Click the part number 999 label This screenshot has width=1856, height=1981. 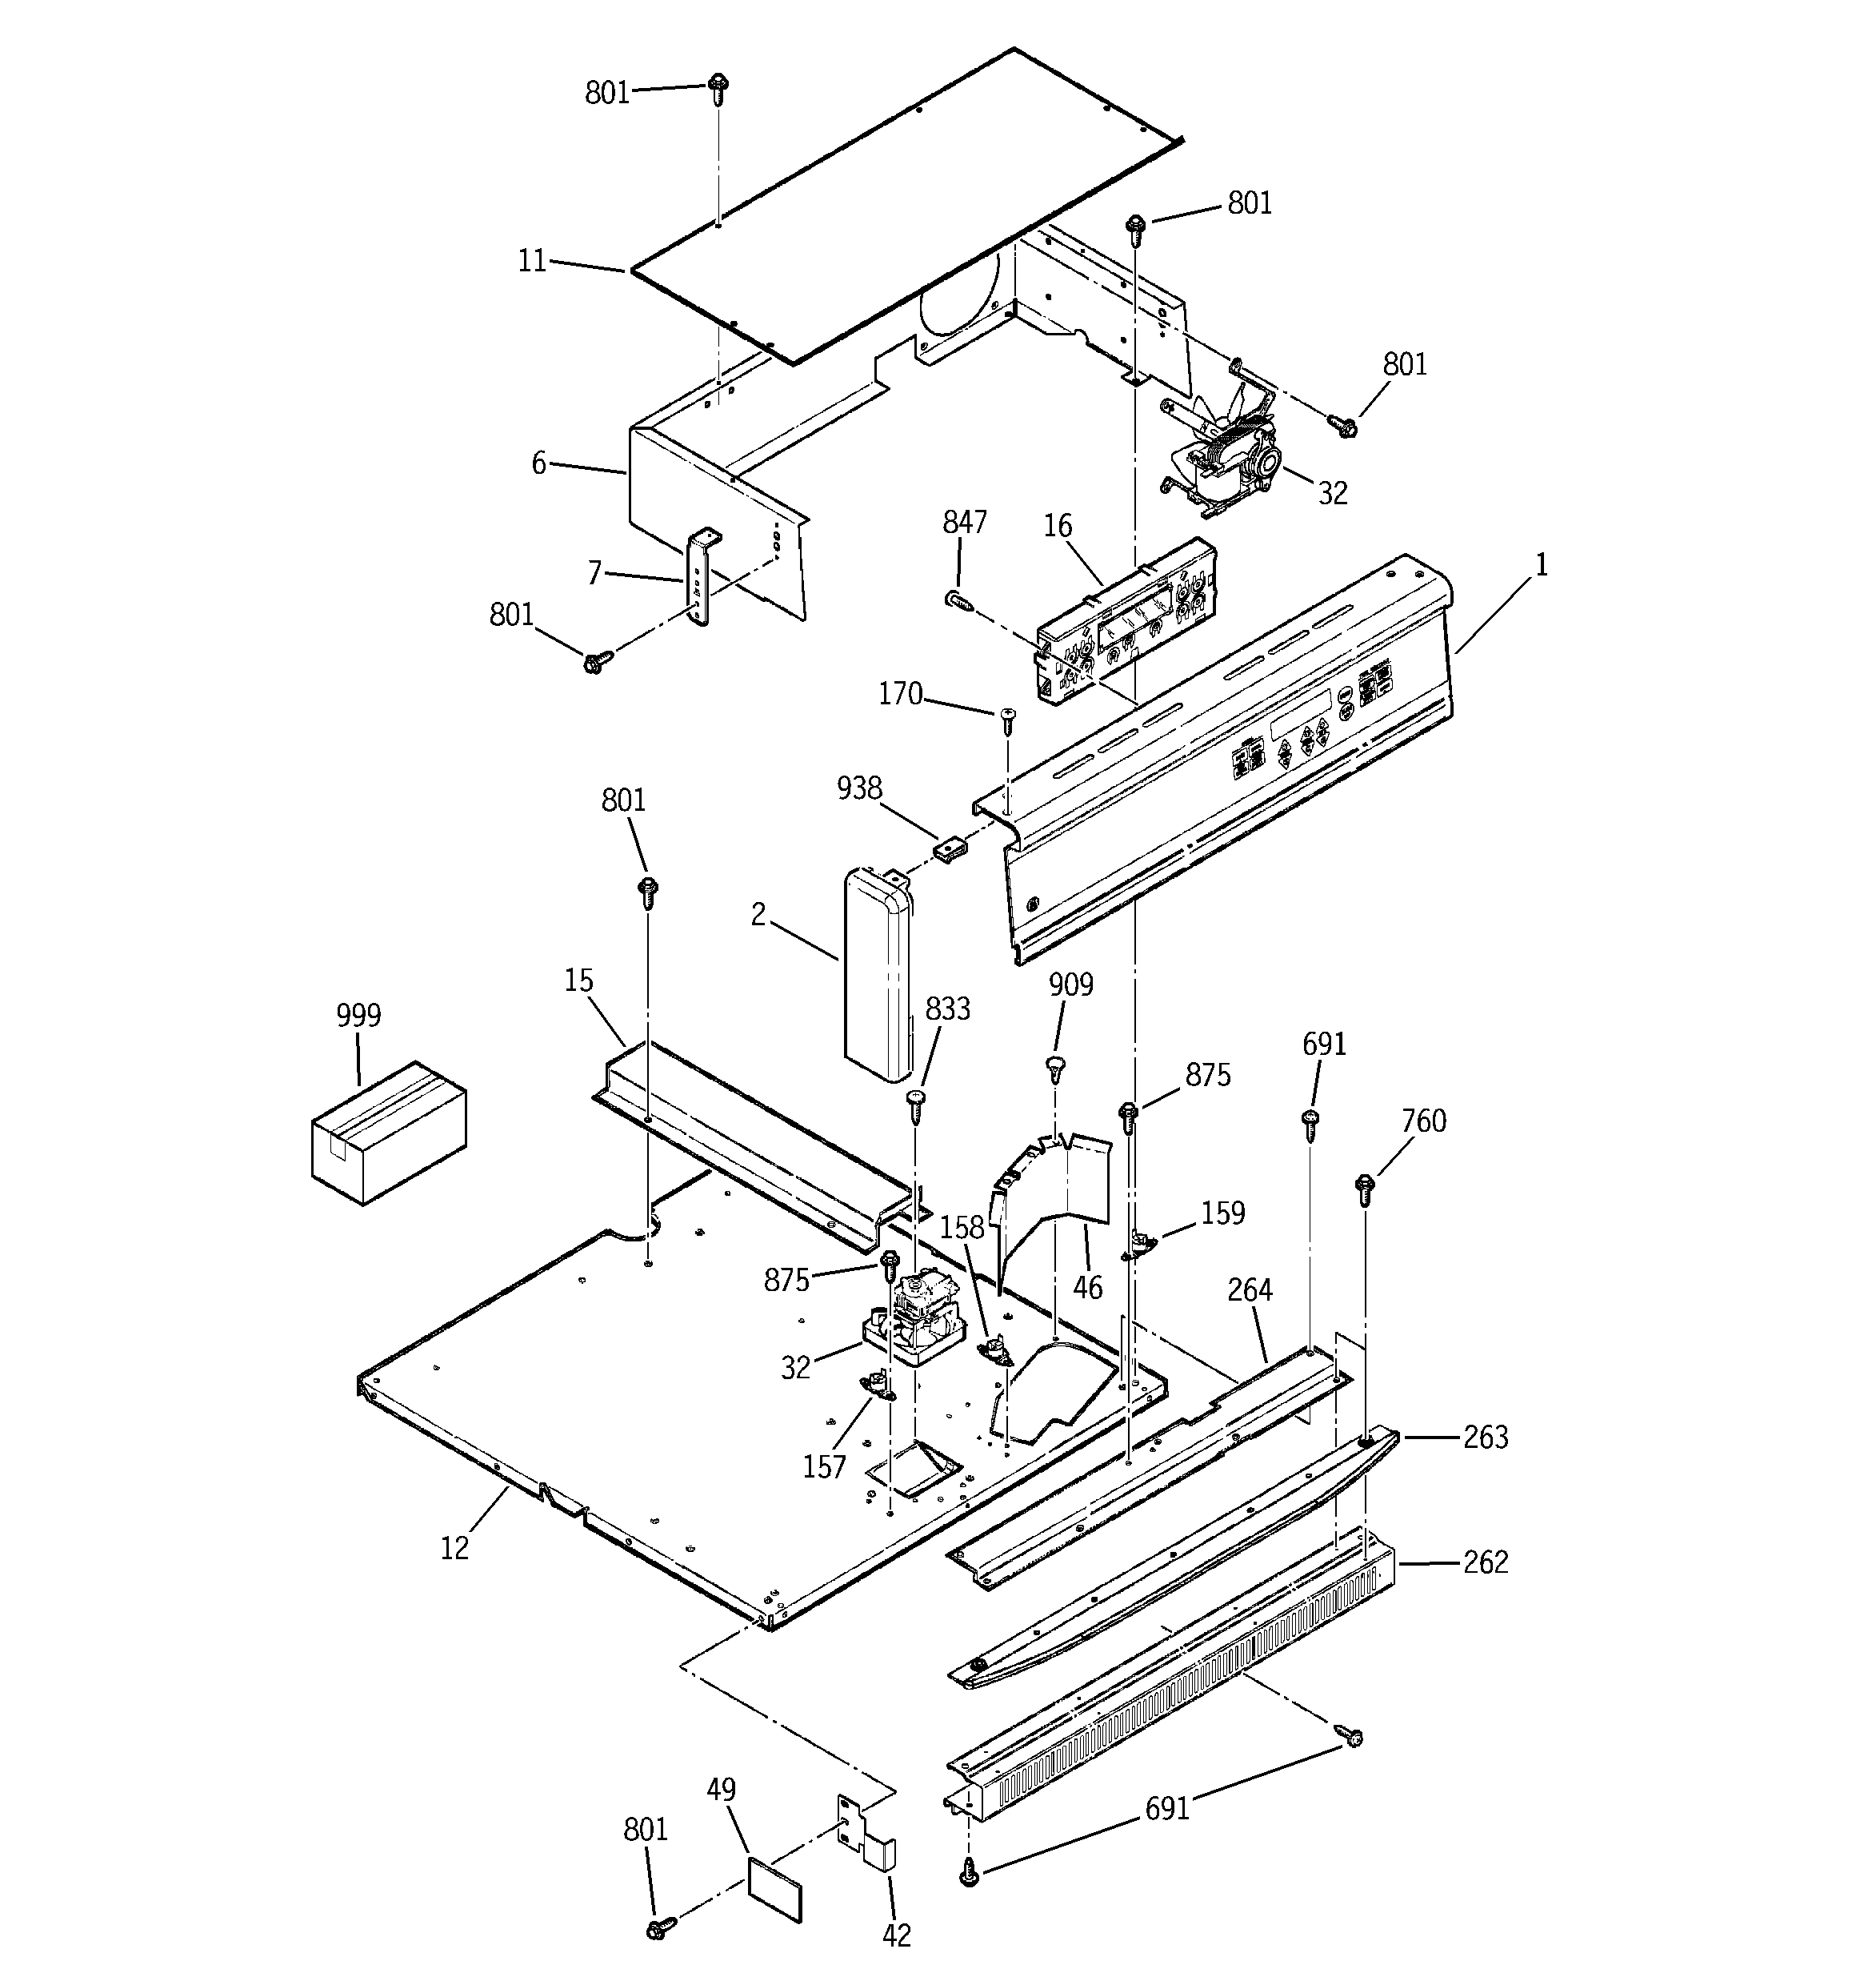pos(358,1016)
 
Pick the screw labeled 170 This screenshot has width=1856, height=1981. pos(1007,717)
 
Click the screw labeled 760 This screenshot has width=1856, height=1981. pos(1365,1187)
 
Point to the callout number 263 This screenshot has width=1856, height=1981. pos(1486,1437)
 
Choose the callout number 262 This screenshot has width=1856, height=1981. pos(1486,1562)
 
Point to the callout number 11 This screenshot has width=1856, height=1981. pos(532,261)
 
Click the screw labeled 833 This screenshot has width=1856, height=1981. pos(914,1101)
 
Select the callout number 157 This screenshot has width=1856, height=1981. pos(824,1467)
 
